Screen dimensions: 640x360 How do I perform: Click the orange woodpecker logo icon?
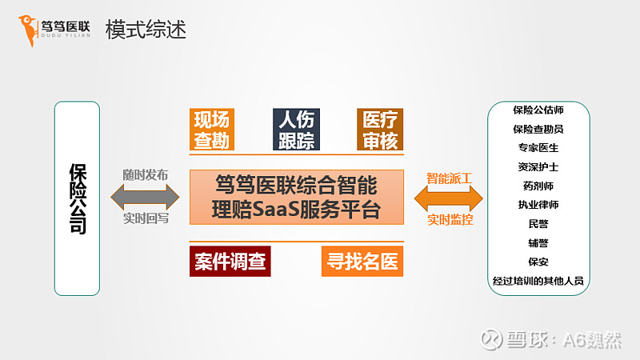pos(28,30)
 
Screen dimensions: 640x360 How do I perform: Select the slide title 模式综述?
pos(146,30)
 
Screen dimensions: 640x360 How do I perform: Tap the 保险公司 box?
pos(77,198)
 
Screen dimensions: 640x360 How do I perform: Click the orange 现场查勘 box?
pos(212,130)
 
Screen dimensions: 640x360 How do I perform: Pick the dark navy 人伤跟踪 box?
pos(296,130)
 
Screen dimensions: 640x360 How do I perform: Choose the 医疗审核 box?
pos(380,130)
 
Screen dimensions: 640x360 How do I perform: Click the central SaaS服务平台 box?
pos(297,197)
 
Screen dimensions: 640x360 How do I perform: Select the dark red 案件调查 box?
pos(230,262)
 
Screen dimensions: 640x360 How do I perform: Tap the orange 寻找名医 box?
pos(362,262)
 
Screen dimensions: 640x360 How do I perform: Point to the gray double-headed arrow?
pos(145,197)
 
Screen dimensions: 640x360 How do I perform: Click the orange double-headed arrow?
pos(449,198)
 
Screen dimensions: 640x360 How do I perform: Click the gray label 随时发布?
pos(146,175)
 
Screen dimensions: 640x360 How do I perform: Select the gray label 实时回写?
pos(146,218)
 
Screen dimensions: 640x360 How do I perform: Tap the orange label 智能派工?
pos(450,178)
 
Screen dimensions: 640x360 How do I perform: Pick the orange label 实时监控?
pos(450,220)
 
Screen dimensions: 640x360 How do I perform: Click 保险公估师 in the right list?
pos(538,110)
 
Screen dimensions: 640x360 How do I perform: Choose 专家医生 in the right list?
pos(538,148)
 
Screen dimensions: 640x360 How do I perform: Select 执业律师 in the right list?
pos(538,205)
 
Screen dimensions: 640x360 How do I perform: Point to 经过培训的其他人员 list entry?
pos(538,281)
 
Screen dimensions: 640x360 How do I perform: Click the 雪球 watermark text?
pos(526,339)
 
